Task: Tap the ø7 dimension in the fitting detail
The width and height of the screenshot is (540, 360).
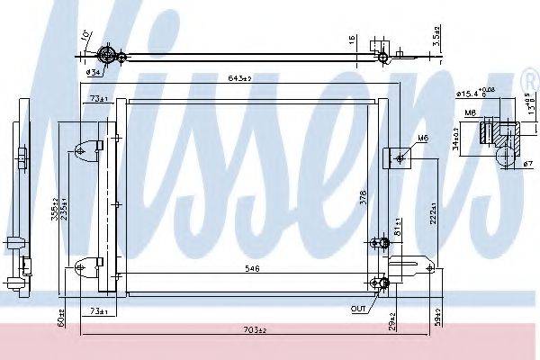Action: pyautogui.click(x=527, y=163)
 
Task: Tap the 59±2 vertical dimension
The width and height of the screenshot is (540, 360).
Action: pyautogui.click(x=434, y=317)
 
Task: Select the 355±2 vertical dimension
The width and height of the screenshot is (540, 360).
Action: pyautogui.click(x=54, y=209)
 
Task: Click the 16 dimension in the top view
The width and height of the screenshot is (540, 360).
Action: pyautogui.click(x=352, y=40)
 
